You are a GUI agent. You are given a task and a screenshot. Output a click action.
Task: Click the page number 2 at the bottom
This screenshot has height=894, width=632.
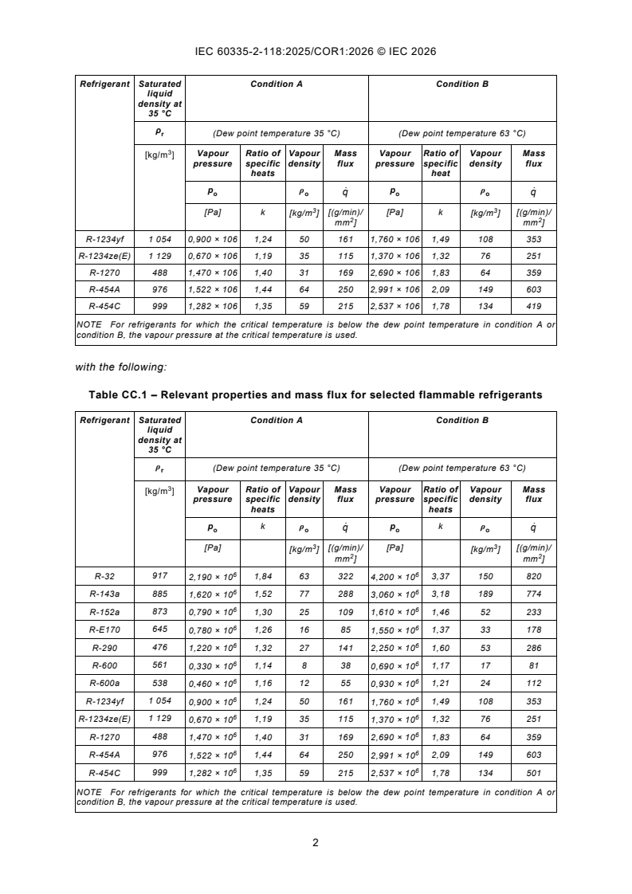(316, 843)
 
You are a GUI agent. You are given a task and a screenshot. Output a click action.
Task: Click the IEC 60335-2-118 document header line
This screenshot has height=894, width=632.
(316, 52)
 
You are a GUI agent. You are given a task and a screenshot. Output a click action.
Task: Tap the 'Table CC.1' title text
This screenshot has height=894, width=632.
(316, 395)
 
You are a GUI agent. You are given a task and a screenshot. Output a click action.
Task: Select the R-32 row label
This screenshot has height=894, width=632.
(104, 574)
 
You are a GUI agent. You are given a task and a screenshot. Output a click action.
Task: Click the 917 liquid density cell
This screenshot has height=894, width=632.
(159, 574)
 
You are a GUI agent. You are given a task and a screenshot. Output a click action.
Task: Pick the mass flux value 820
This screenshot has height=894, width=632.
(533, 575)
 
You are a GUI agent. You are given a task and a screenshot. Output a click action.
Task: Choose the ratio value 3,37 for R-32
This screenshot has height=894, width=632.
(440, 575)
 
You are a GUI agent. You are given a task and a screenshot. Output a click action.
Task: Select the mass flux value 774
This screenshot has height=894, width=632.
(533, 594)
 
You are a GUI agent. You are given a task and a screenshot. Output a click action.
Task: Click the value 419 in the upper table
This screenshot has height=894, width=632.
(533, 306)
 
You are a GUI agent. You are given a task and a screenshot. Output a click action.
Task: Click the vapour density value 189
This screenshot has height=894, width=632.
(485, 594)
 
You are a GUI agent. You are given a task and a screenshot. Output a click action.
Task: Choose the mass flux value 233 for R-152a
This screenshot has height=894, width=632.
(533, 612)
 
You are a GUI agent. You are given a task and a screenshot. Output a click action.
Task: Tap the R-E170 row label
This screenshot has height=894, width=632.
(104, 629)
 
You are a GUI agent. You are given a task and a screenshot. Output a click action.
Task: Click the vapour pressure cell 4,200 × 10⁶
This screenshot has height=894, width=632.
(395, 575)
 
